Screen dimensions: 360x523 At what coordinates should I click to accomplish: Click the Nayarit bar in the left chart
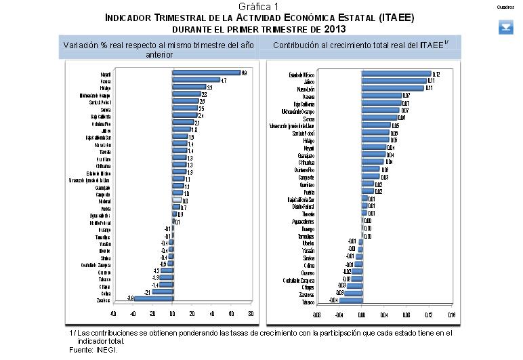click(206, 73)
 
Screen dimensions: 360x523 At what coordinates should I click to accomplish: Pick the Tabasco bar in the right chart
click(350, 302)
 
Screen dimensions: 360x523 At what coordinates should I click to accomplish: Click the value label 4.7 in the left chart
click(224, 80)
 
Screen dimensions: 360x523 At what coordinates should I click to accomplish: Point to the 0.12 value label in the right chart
click(436, 74)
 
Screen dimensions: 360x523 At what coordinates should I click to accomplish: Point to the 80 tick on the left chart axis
click(251, 314)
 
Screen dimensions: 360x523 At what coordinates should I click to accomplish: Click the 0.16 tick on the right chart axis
click(451, 315)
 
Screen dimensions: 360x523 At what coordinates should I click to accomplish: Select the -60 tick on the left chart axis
click(113, 314)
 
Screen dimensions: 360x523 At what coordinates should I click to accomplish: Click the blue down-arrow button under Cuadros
click(506, 27)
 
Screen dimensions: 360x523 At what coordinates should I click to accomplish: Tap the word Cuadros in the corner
click(505, 6)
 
